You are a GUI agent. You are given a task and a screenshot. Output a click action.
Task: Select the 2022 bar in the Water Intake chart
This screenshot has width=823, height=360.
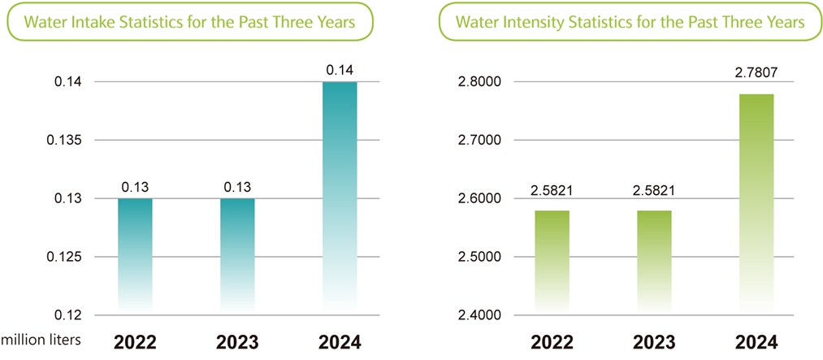(x=135, y=254)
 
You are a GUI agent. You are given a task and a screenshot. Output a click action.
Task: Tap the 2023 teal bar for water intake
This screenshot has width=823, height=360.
(x=237, y=254)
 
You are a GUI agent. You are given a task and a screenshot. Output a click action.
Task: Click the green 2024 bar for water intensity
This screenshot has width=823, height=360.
(x=756, y=203)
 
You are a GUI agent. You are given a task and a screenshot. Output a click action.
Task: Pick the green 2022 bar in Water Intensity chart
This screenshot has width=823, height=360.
(x=552, y=260)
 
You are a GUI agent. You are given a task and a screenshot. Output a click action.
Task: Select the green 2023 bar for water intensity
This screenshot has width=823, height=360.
(x=654, y=260)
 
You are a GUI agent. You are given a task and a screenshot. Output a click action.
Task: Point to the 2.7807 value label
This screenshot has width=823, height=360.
(x=756, y=73)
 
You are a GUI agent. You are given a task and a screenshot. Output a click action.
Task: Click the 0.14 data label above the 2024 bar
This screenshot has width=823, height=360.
(x=340, y=72)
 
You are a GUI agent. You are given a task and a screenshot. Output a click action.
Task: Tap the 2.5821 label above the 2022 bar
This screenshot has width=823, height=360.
(x=552, y=190)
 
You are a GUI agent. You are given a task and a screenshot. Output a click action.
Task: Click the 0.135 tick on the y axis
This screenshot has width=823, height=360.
(x=64, y=141)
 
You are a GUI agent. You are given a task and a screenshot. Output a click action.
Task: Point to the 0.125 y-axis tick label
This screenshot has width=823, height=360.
(x=64, y=258)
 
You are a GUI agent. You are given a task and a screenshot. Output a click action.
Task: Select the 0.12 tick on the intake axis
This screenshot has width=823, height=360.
(x=67, y=315)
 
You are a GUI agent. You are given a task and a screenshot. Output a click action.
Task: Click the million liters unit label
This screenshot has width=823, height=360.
(x=41, y=341)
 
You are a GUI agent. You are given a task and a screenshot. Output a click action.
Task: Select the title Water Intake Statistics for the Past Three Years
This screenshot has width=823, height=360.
(x=189, y=22)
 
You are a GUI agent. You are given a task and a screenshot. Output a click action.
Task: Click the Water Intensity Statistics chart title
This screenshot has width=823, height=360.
(x=630, y=22)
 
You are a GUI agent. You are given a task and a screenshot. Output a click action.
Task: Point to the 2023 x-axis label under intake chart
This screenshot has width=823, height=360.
(x=237, y=341)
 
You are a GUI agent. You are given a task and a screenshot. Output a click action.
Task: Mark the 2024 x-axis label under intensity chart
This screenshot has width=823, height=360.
(x=756, y=341)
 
